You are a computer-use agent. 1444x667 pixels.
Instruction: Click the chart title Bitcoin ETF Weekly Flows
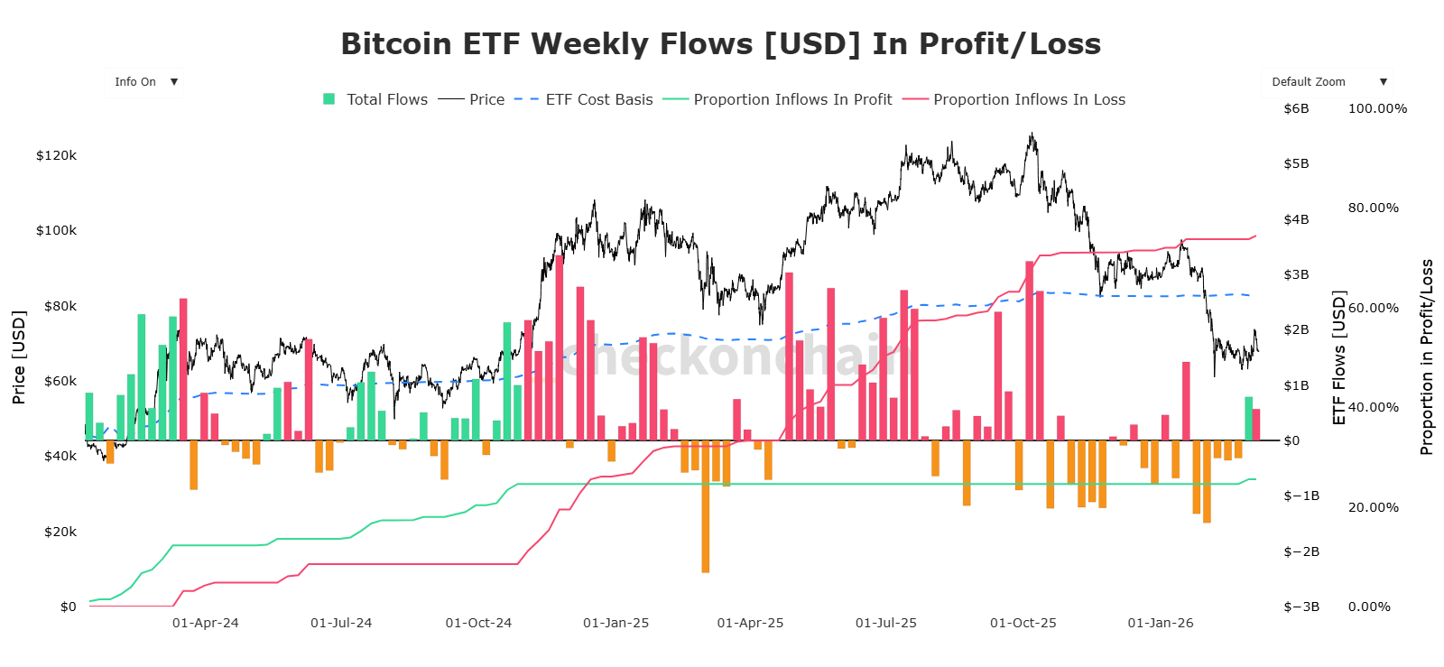tap(720, 44)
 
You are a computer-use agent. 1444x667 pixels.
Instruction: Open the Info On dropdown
tap(144, 82)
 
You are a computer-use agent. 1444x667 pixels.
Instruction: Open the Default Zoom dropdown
tap(1326, 82)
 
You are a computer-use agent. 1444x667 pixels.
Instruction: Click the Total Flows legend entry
tap(376, 99)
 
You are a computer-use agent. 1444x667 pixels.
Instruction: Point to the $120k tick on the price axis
tap(56, 155)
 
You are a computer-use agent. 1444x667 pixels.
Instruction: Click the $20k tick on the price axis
tap(60, 532)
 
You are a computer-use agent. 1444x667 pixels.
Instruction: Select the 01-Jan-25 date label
tap(616, 623)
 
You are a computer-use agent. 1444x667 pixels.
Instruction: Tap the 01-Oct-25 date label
tap(1023, 623)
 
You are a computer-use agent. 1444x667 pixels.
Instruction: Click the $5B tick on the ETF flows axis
tap(1296, 163)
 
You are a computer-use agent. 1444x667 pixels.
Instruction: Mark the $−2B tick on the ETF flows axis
tap(1301, 551)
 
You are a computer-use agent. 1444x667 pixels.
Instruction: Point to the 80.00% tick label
tap(1373, 208)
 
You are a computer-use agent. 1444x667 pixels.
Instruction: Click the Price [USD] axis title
tap(19, 357)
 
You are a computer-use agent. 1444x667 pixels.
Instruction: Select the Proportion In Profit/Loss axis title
tap(1426, 357)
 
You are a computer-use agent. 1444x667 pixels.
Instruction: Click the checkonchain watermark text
tap(736, 356)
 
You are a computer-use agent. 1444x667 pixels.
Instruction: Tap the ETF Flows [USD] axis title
tap(1339, 357)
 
